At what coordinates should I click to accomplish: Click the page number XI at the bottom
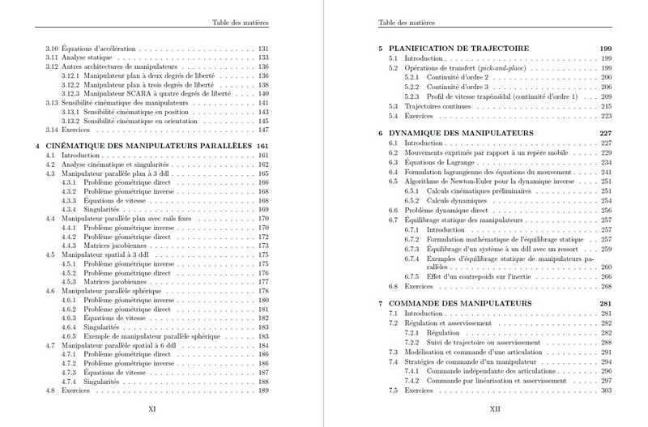coord(151,409)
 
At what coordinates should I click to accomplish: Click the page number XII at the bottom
coord(496,409)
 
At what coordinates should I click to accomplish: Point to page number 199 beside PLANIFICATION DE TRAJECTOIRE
coord(605,49)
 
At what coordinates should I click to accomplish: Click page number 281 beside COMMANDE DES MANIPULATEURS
coord(605,303)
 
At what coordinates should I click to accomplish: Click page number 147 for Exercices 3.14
coord(262,130)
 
